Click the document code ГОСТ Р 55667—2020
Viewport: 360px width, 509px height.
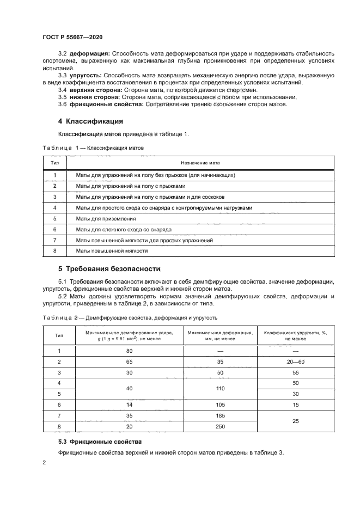[72, 37]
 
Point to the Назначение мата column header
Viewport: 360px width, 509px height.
[200, 162]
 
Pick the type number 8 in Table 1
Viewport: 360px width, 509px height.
[55, 250]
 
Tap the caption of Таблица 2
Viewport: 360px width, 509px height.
[130, 317]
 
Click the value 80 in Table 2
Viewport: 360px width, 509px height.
[129, 351]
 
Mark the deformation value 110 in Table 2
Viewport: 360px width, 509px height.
[219, 389]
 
